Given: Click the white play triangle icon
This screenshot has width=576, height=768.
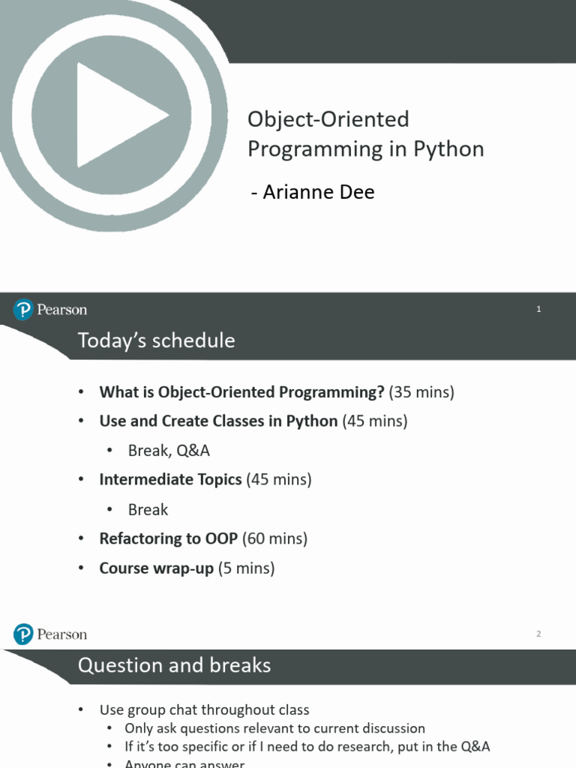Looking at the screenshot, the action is pyautogui.click(x=115, y=115).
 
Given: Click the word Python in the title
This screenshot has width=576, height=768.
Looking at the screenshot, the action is pyautogui.click(x=448, y=149).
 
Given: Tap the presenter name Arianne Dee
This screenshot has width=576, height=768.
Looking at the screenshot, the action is pyautogui.click(x=319, y=191).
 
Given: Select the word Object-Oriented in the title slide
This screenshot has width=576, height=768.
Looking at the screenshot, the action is pyautogui.click(x=328, y=119).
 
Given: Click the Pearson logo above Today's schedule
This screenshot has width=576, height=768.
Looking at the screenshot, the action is pyautogui.click(x=50, y=310).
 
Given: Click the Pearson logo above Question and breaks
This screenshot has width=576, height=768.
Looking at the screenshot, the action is pyautogui.click(x=50, y=634).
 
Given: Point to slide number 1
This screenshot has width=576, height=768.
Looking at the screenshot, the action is pyautogui.click(x=538, y=309).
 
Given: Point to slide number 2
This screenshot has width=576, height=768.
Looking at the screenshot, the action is pyautogui.click(x=538, y=634).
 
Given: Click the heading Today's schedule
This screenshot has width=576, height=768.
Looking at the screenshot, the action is pyautogui.click(x=156, y=340).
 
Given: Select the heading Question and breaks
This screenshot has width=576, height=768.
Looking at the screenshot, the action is pyautogui.click(x=174, y=665).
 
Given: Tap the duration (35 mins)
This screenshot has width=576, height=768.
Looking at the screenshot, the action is pyautogui.click(x=421, y=391).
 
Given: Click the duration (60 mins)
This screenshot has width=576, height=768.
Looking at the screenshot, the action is pyautogui.click(x=274, y=538).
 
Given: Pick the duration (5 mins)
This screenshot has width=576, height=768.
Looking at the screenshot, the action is pyautogui.click(x=246, y=568).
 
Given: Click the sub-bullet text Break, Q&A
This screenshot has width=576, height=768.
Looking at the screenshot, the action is pyautogui.click(x=169, y=451).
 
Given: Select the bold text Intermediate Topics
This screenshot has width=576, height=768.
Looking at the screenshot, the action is pyautogui.click(x=170, y=479).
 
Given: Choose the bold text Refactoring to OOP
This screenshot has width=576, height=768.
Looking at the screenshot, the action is pyautogui.click(x=169, y=538).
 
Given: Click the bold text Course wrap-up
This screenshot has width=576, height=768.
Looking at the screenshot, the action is pyautogui.click(x=157, y=568).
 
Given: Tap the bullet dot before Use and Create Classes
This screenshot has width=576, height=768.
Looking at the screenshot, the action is pyautogui.click(x=81, y=421).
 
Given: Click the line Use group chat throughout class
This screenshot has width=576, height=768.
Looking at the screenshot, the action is pyautogui.click(x=204, y=709).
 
